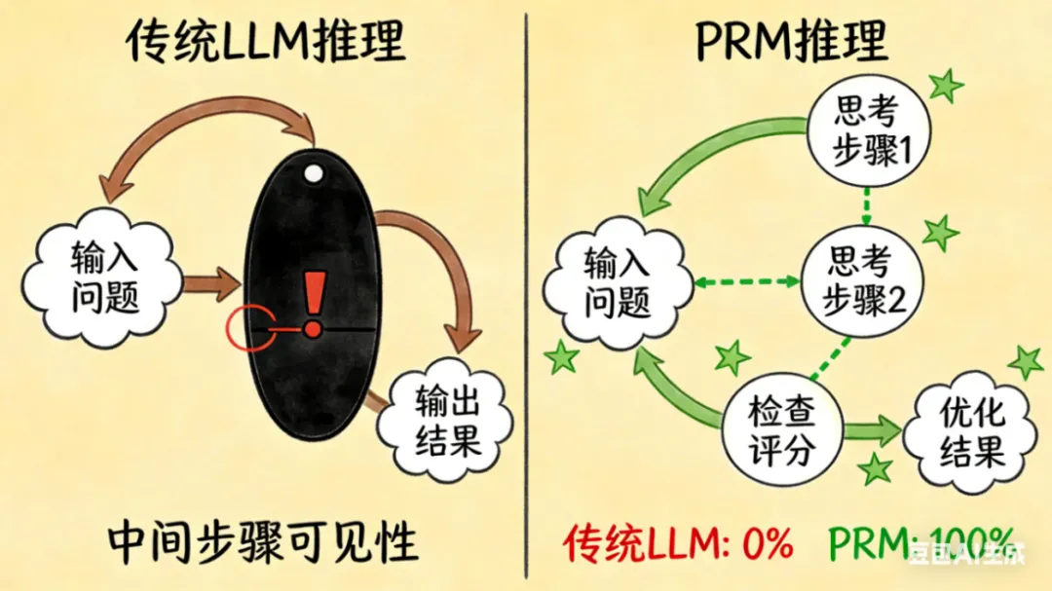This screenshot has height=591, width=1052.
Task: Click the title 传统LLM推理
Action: (266, 41)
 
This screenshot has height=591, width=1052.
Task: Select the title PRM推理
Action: (792, 41)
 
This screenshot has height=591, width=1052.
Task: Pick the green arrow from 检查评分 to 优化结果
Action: (873, 429)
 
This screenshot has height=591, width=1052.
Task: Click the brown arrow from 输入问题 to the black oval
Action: (211, 284)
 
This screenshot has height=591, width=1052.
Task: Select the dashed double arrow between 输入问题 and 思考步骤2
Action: (745, 282)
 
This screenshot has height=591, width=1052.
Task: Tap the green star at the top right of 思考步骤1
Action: (944, 86)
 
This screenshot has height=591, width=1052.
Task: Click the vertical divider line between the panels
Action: (527, 292)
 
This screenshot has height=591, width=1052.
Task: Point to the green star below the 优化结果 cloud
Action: (877, 469)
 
